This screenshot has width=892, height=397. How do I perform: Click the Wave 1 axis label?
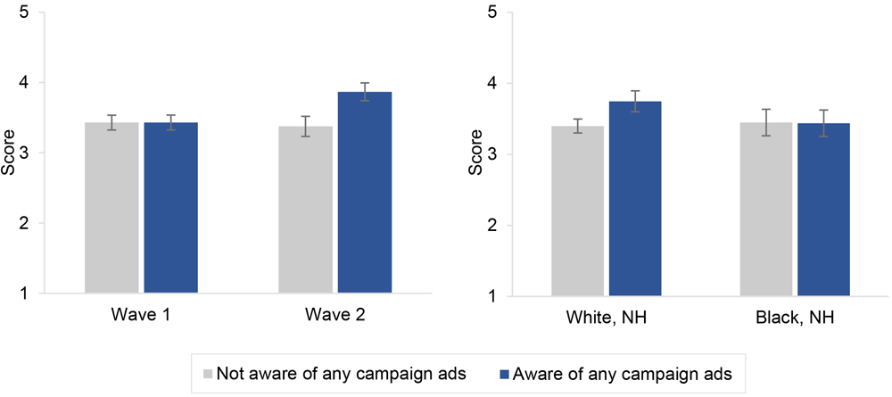coord(141,316)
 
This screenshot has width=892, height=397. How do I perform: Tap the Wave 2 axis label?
coord(334,316)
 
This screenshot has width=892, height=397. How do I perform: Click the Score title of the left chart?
coord(10,153)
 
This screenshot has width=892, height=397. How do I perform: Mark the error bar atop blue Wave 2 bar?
coord(364,91)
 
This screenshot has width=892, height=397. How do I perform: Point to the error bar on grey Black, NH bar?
coord(766,122)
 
